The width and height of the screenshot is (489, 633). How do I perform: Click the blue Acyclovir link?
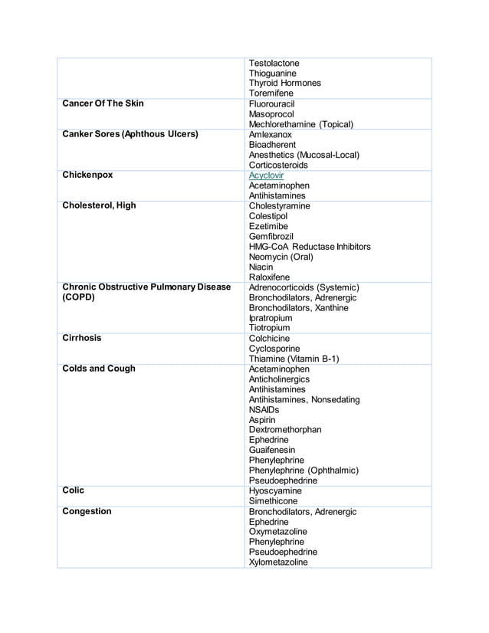(266, 175)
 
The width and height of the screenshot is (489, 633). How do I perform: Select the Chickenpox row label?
(87, 175)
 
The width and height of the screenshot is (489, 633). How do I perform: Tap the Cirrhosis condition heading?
(81, 338)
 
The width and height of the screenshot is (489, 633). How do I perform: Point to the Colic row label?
(73, 490)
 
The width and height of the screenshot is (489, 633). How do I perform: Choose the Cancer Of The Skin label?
(103, 103)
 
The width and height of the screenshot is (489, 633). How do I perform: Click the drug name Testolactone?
(274, 63)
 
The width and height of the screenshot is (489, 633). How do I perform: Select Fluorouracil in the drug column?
(274, 103)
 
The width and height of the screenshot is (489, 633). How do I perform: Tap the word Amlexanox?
(271, 134)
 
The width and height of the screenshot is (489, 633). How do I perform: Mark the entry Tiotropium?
(270, 328)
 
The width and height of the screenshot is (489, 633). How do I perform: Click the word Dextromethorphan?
(285, 430)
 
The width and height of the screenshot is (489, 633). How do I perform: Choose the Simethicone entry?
(275, 501)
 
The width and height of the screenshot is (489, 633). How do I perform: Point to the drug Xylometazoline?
(278, 562)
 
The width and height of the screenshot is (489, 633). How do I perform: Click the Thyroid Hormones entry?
(285, 83)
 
